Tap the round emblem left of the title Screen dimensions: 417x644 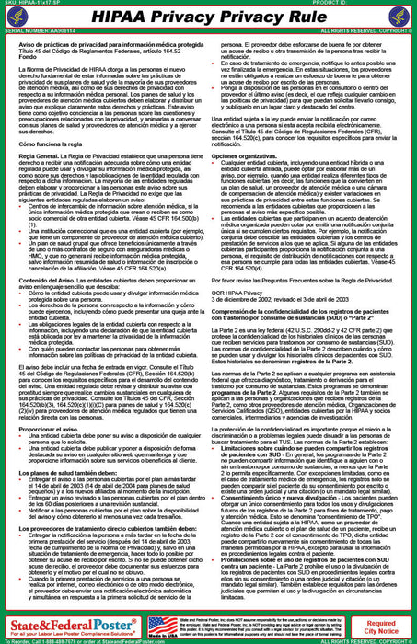(15, 18)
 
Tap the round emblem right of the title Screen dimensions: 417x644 (402, 18)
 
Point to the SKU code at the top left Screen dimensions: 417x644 (33, 4)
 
